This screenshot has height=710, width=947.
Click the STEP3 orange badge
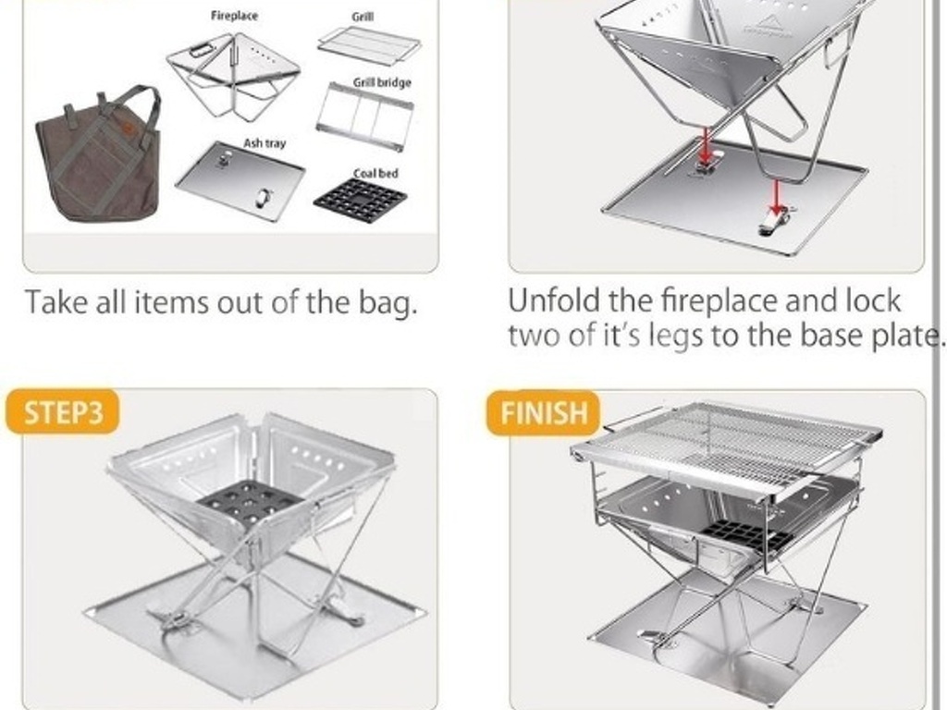point(62,412)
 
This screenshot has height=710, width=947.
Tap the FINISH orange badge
point(543,413)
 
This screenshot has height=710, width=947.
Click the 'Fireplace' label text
point(234,16)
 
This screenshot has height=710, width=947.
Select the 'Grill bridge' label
point(382,82)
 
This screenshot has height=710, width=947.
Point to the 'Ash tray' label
point(264,143)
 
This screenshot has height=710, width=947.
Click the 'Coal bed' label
point(375,173)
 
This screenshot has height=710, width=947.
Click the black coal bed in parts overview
point(361,201)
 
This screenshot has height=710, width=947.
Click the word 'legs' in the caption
point(676,336)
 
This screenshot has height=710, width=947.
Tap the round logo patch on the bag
point(129,131)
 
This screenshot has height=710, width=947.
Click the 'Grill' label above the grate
point(363,17)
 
